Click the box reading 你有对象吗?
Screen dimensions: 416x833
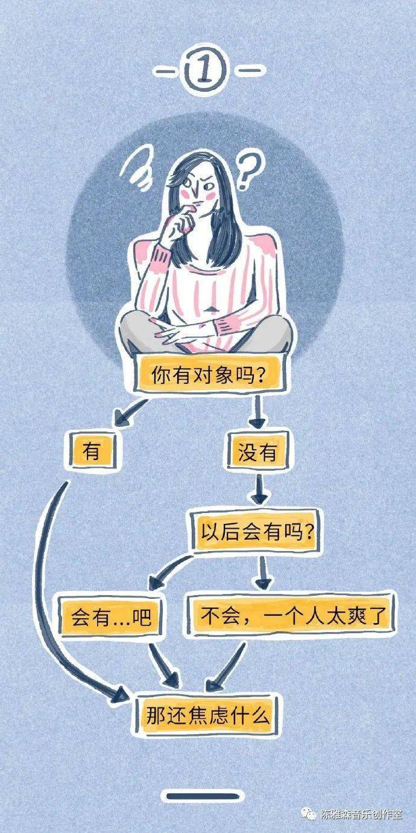pos(209,374)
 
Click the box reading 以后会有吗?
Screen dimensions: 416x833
pos(256,532)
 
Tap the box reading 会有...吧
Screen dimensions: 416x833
pos(111,618)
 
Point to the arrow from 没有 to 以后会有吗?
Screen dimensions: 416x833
pos(260,490)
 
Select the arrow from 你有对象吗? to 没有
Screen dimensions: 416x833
pos(257,413)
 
